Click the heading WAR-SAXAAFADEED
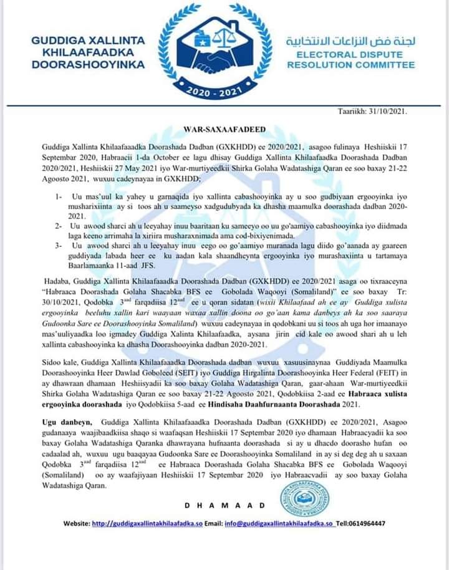coord(224,130)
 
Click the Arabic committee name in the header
coord(350,41)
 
